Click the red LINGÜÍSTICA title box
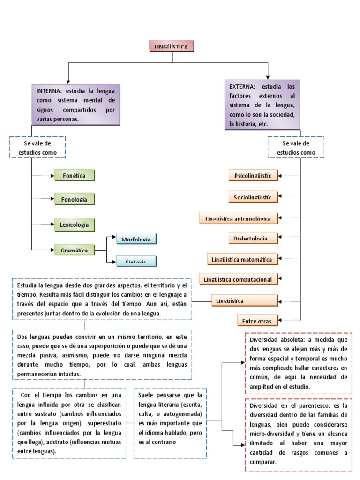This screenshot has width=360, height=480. click(x=171, y=46)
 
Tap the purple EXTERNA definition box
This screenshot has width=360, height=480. click(x=262, y=105)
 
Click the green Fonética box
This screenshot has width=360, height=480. click(x=75, y=175)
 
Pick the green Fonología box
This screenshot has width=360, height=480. click(x=75, y=199)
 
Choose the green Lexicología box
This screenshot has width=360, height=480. click(x=75, y=225)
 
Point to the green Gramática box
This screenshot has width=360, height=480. click(x=75, y=250)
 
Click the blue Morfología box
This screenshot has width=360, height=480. click(x=136, y=239)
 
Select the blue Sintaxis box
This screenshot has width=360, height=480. click(x=136, y=262)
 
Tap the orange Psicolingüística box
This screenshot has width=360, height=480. click(x=253, y=176)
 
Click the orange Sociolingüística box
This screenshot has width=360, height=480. click(x=253, y=197)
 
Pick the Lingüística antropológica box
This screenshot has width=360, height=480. click(x=238, y=218)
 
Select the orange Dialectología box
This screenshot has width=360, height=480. click(x=253, y=238)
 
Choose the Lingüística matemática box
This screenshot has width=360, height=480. click(x=242, y=259)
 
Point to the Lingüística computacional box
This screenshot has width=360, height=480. click(x=238, y=279)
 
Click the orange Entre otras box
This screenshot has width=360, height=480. click(x=257, y=320)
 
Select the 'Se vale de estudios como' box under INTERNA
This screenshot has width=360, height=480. click(x=37, y=148)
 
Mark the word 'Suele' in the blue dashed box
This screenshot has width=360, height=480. click(x=146, y=395)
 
